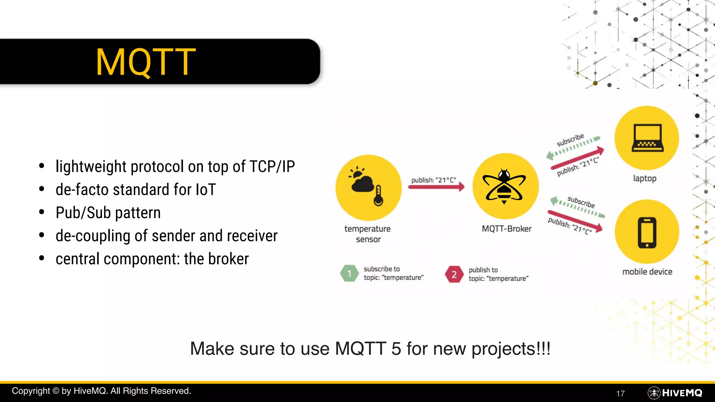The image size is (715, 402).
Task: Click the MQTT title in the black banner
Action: pyautogui.click(x=146, y=62)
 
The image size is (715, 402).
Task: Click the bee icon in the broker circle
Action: pyautogui.click(x=504, y=186)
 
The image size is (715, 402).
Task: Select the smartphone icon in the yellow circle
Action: pyautogui.click(x=647, y=232)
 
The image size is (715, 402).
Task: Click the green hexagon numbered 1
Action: pyautogui.click(x=349, y=274)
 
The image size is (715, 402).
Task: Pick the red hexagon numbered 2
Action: pyautogui.click(x=454, y=274)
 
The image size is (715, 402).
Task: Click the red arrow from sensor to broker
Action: pyautogui.click(x=436, y=187)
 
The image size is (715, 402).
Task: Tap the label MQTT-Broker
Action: pyautogui.click(x=507, y=229)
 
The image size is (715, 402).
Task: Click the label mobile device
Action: pyautogui.click(x=647, y=272)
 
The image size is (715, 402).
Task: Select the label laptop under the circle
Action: pyautogui.click(x=644, y=178)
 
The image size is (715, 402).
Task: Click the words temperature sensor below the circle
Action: pyautogui.click(x=368, y=234)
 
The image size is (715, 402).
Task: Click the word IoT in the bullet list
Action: pyautogui.click(x=206, y=190)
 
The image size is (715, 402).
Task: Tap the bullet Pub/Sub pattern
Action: pyautogui.click(x=108, y=213)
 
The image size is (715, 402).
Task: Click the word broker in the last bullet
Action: pyautogui.click(x=228, y=259)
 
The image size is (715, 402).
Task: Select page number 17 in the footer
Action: pyautogui.click(x=620, y=394)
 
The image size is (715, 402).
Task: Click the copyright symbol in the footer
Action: pyautogui.click(x=56, y=391)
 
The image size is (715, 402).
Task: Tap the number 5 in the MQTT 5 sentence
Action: pyautogui.click(x=396, y=349)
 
